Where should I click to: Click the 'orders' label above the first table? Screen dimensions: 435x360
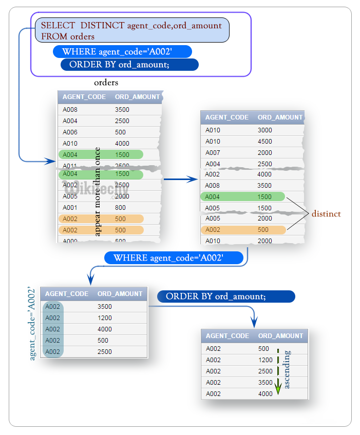tap(106, 83)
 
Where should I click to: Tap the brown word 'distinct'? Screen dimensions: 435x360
tap(326, 213)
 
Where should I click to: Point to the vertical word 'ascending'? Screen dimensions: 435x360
tap(287, 369)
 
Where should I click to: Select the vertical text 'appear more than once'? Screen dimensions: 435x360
tap(98, 191)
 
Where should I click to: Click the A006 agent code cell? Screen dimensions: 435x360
tap(70, 132)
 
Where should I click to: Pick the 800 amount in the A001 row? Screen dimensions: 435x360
tap(120, 208)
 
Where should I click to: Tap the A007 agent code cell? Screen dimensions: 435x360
tap(213, 152)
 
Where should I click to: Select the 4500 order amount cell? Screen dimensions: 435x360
tap(265, 141)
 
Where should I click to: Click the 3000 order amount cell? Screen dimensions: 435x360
tap(265, 130)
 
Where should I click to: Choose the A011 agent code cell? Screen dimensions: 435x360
tap(70, 165)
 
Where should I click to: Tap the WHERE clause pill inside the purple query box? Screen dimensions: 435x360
tap(122, 51)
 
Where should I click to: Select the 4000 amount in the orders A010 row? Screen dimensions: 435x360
tap(122, 144)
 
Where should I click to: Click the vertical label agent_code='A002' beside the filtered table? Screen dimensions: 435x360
tap(33, 324)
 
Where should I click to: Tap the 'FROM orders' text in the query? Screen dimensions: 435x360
tap(68, 36)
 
